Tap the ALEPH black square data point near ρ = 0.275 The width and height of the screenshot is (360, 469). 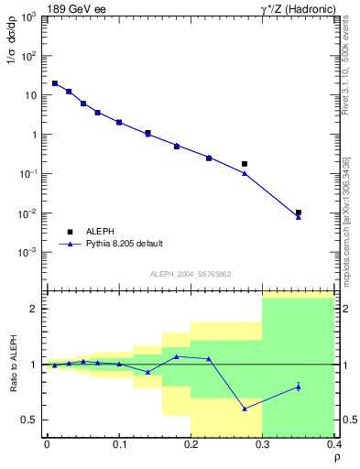click(245, 164)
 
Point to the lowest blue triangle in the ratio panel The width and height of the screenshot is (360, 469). click(245, 409)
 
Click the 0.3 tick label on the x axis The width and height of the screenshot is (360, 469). click(263, 444)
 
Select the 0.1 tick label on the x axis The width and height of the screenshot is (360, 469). click(119, 444)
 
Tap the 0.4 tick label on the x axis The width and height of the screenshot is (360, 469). click(334, 444)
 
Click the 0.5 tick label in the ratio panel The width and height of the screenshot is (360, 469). click(29, 420)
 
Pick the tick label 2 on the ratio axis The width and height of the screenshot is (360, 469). click(35, 309)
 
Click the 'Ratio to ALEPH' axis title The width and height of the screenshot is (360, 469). click(12, 364)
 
